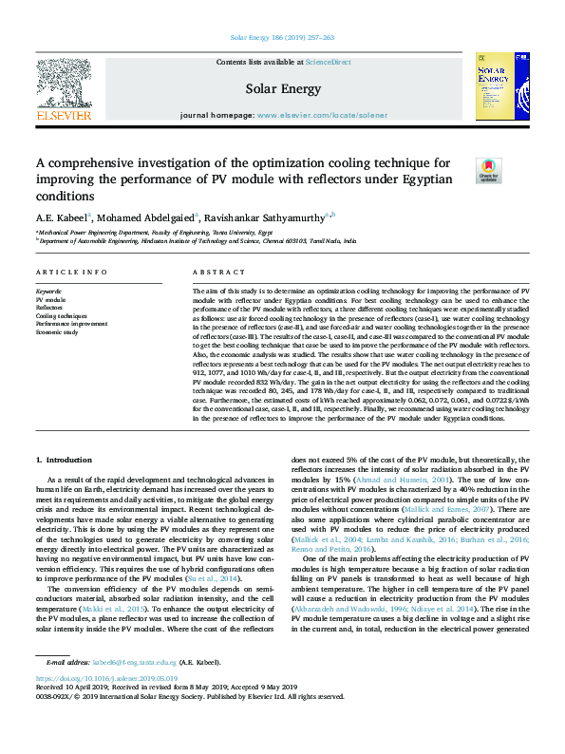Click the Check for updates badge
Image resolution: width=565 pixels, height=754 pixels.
point(488,169)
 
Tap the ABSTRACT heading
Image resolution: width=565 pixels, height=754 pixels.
point(212,272)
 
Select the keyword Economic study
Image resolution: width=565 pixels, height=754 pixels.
point(56,332)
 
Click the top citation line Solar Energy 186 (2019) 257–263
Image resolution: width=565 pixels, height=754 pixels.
point(282,38)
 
